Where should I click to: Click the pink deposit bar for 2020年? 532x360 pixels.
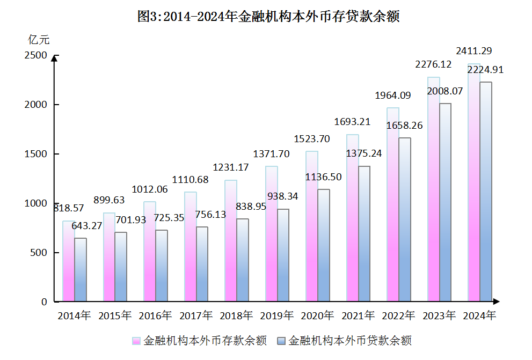point(312,226)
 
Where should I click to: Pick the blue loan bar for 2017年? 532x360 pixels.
point(202,263)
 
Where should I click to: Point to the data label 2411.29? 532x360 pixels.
point(474,51)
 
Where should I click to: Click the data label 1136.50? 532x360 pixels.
point(324,177)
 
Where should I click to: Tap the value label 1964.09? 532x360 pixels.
point(392,95)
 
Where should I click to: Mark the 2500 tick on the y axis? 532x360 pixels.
point(35,55)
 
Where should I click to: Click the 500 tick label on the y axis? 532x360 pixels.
point(39,253)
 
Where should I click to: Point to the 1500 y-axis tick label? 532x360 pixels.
point(35,154)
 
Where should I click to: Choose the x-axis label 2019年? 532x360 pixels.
point(277,315)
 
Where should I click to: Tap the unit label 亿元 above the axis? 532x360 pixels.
point(39,39)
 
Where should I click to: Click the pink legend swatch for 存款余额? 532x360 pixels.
point(136,341)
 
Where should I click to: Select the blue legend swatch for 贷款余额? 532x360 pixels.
point(281,341)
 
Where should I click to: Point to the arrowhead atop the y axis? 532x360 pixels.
point(54,57)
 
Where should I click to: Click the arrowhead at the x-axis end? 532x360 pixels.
point(497,302)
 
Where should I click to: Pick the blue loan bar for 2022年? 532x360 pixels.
point(405,219)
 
